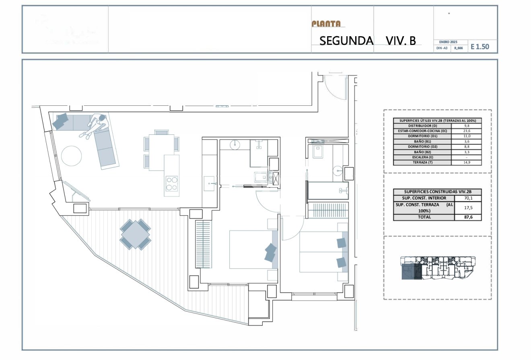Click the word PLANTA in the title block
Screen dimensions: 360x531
pos(326,24)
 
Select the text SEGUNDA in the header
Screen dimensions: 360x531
pos(346,41)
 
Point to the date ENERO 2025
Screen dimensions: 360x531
pos(448,42)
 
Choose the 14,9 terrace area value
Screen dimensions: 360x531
pos(467,163)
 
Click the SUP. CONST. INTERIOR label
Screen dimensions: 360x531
pos(424,198)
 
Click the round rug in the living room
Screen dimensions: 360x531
pos(72,156)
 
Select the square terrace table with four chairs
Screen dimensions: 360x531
pos(135,234)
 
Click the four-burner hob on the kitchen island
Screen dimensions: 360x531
pos(172,184)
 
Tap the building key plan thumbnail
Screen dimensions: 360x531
pos(438,268)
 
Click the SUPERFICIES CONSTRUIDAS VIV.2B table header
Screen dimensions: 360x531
pos(437,192)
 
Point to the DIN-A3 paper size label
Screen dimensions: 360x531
pos(442,48)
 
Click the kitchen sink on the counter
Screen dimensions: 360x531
pos(210,183)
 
